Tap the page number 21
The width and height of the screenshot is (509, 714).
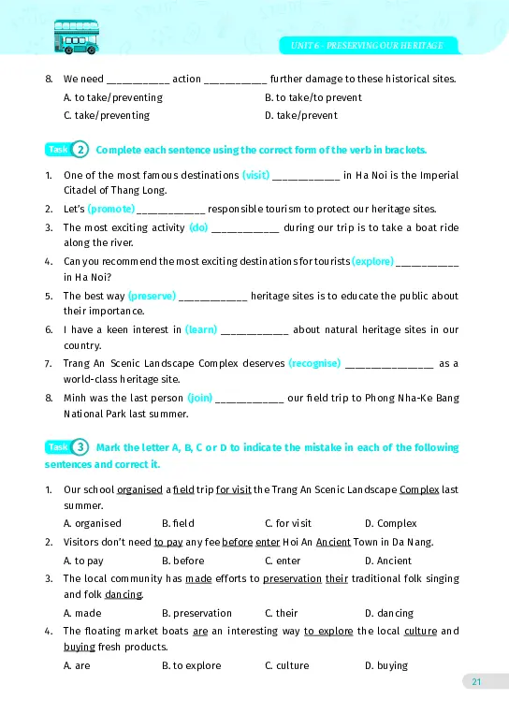click(476, 681)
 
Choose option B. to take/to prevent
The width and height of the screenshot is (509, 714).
click(313, 97)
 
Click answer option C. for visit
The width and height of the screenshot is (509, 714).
click(288, 523)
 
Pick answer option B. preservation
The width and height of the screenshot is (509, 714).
click(196, 613)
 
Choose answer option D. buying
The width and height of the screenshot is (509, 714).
click(386, 665)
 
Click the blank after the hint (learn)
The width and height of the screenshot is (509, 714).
click(254, 329)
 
